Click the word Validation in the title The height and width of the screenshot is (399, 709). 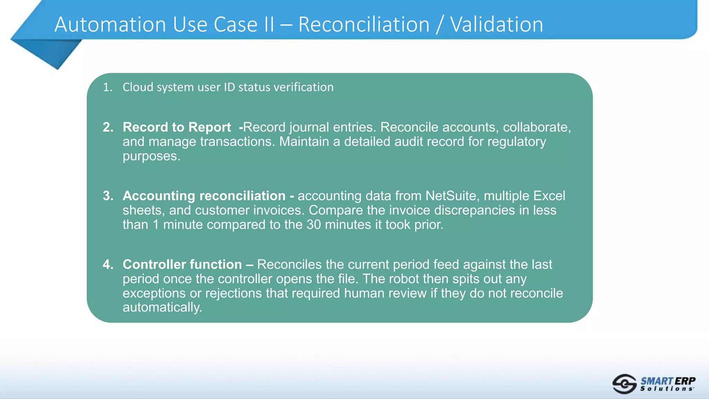[x=496, y=25]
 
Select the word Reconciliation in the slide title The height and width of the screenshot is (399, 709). [x=364, y=25]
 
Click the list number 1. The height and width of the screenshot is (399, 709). [x=107, y=87]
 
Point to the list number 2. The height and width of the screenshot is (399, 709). [x=108, y=127]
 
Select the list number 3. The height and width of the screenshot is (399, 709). [x=108, y=196]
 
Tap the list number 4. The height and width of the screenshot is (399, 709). [x=108, y=264]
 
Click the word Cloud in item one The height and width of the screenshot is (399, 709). [x=138, y=87]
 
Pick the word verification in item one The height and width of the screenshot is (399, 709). [x=303, y=87]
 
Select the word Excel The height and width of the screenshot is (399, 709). [x=549, y=196]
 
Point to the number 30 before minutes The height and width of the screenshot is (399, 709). [x=314, y=224]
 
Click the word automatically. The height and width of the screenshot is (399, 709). [x=162, y=307]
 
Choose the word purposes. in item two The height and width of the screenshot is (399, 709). [x=151, y=156]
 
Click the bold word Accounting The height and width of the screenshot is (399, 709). [x=159, y=196]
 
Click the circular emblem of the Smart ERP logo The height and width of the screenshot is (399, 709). [x=624, y=384]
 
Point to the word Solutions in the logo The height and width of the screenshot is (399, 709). [x=667, y=389]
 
